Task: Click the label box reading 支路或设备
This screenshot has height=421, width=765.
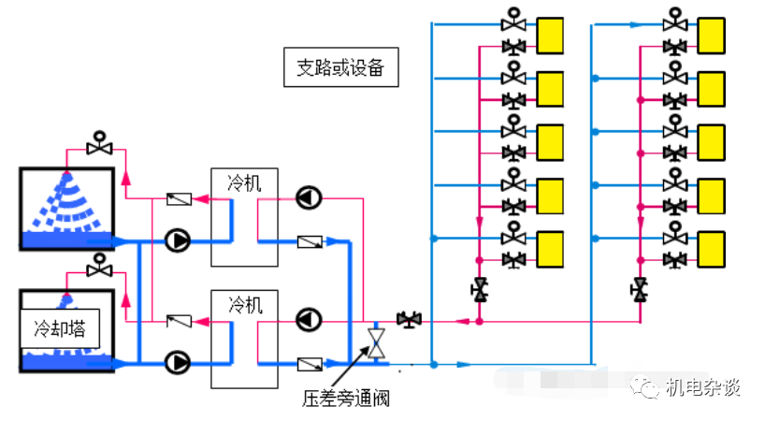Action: point(340,68)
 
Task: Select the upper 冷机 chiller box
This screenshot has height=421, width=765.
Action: point(244,217)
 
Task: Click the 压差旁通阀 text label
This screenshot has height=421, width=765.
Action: point(345,399)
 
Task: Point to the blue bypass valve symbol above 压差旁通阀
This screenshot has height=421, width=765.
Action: point(377,342)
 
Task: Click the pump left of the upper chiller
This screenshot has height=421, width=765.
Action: point(177,240)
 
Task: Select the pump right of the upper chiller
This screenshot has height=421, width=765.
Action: point(308,197)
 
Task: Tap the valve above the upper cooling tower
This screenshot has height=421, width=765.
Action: point(98,146)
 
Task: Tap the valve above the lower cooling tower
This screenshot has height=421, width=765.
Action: point(98,268)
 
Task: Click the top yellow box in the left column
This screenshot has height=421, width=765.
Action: point(549,35)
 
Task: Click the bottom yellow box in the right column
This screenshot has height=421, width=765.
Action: point(712,248)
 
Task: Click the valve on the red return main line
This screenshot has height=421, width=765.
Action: point(409,320)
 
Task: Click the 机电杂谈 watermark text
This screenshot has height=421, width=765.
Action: point(702,387)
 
